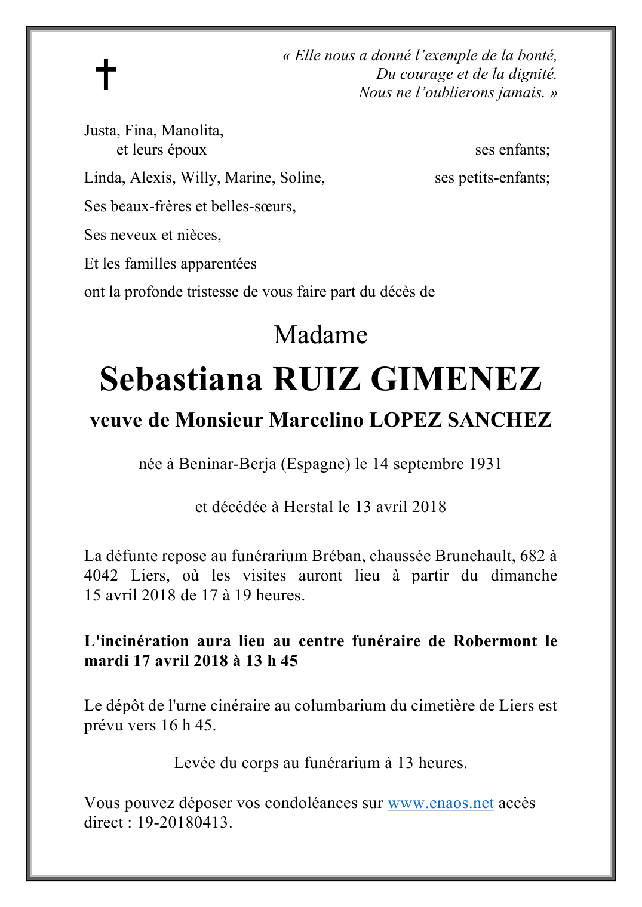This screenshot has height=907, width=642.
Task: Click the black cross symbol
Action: pyautogui.click(x=106, y=74)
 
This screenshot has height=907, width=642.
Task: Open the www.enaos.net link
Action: pyautogui.click(x=440, y=803)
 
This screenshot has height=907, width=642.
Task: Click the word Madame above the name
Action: pyautogui.click(x=320, y=335)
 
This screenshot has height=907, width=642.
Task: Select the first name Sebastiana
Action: pyautogui.click(x=180, y=379)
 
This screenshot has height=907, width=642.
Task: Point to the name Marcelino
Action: pyautogui.click(x=316, y=420)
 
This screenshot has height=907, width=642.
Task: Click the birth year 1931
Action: pyautogui.click(x=485, y=464)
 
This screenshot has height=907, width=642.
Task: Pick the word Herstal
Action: pyautogui.click(x=308, y=507)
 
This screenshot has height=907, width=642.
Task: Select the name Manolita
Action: pyautogui.click(x=192, y=130)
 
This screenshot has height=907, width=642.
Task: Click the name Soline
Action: pyautogui.click(x=302, y=177)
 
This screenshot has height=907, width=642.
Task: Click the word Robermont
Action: pyautogui.click(x=495, y=641)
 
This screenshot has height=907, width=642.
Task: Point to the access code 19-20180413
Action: pyautogui.click(x=183, y=822)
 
